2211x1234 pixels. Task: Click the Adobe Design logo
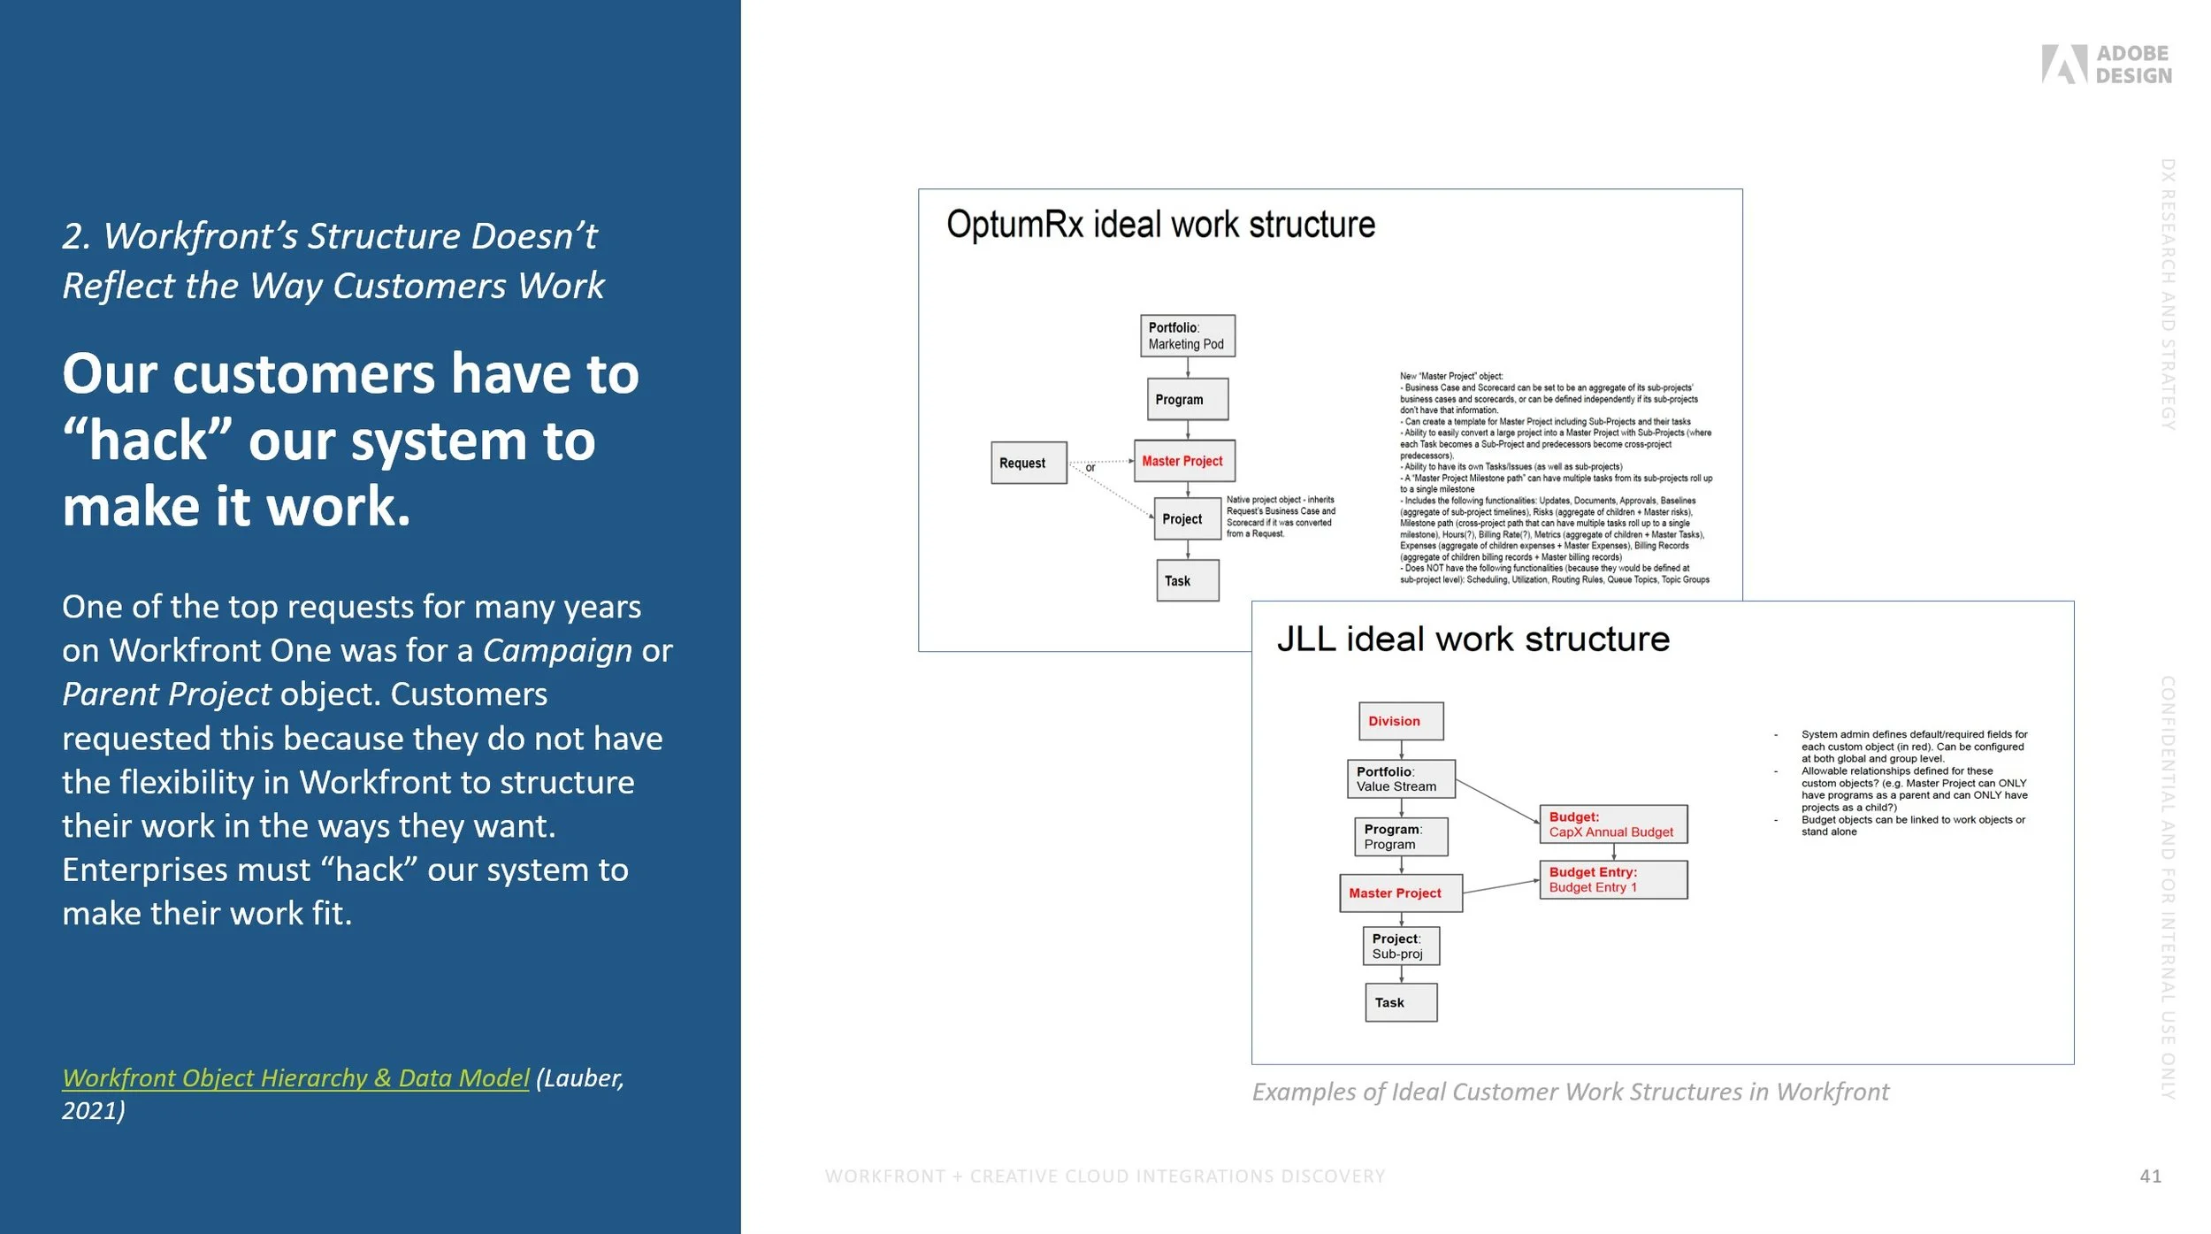(x=2106, y=65)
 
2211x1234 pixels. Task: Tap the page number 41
(x=2150, y=1176)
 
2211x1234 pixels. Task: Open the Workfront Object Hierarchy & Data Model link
(x=295, y=1077)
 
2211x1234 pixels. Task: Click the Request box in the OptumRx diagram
(x=1028, y=463)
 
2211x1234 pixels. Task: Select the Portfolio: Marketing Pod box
(x=1187, y=336)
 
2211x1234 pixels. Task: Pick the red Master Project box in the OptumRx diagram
(x=1183, y=461)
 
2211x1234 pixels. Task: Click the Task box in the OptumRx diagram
(x=1187, y=580)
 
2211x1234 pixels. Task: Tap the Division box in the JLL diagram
(x=1400, y=721)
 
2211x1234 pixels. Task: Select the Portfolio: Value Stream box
(x=1400, y=778)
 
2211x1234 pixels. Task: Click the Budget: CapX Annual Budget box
(x=1612, y=824)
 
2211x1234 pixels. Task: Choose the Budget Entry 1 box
(x=1612, y=879)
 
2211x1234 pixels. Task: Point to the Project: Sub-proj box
(x=1400, y=946)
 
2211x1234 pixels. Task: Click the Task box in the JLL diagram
(x=1400, y=1002)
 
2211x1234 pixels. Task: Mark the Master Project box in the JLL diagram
(x=1400, y=893)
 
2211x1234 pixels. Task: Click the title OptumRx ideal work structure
(x=1160, y=225)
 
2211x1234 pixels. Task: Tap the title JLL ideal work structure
(x=1473, y=639)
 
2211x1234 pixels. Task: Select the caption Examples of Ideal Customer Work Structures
(x=1570, y=1092)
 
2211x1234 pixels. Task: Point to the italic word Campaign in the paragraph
(x=557, y=650)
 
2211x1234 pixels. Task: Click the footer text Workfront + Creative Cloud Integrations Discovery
(x=1105, y=1176)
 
